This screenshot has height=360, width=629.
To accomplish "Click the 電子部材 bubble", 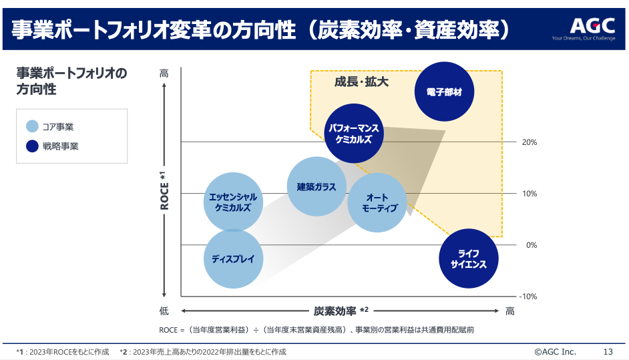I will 444,92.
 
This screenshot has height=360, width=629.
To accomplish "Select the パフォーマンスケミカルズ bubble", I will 355,134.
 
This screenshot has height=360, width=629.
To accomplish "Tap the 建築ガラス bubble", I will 317,187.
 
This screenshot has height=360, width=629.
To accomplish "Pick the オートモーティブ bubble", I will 378,202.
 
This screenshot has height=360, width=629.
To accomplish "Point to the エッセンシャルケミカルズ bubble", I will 233,202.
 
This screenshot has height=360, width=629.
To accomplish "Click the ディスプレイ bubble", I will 233,259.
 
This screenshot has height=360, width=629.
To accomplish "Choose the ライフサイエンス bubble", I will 469,258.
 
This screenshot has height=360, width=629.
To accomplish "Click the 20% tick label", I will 529,142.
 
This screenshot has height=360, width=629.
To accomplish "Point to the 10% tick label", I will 529,194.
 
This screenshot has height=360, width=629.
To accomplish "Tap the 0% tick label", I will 532,245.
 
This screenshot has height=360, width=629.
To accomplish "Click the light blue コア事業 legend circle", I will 32,126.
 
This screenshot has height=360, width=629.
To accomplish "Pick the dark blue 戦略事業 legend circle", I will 32,146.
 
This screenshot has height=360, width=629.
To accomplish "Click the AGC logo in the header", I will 592,26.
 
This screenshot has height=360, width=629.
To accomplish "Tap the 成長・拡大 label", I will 361,81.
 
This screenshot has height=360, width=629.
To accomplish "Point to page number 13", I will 608,351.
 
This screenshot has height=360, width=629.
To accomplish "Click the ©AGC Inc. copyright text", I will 555,351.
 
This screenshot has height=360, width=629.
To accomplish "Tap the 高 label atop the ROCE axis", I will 164,73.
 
